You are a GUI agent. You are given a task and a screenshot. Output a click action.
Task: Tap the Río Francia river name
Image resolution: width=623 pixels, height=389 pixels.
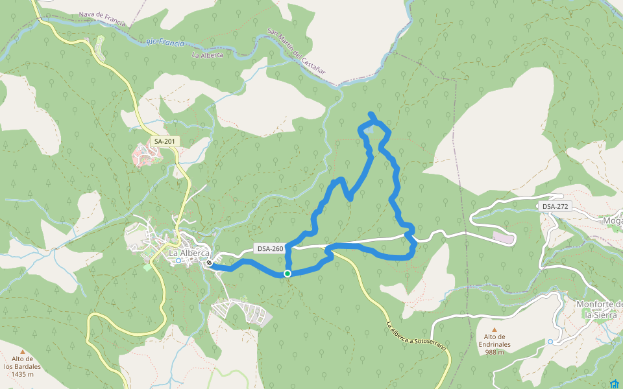point(165,43)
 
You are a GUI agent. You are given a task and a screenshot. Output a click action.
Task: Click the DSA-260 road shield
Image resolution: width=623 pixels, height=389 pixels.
point(270,248)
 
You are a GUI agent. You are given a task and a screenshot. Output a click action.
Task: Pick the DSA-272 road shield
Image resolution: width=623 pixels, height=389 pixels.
point(555,206)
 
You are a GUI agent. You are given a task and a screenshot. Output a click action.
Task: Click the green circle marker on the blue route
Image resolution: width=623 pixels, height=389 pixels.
point(287,274)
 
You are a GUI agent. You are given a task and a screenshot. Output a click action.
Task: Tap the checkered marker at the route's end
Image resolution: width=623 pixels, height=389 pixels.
point(209,263)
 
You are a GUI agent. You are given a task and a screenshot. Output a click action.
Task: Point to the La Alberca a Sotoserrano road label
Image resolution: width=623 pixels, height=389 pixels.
point(417,336)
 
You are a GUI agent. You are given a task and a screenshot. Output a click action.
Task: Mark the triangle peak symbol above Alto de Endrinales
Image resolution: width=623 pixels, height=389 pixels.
point(495,329)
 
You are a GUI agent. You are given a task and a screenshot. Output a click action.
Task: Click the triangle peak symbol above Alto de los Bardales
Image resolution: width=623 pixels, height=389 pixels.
point(23,357)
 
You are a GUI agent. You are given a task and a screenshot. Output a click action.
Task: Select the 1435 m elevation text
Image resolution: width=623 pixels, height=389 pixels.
point(23,374)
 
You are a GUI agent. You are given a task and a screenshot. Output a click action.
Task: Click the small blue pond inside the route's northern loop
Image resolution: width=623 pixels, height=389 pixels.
point(368,129)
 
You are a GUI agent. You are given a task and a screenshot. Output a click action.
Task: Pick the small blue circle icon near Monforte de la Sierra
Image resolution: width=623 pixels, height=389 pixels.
point(550,342)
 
